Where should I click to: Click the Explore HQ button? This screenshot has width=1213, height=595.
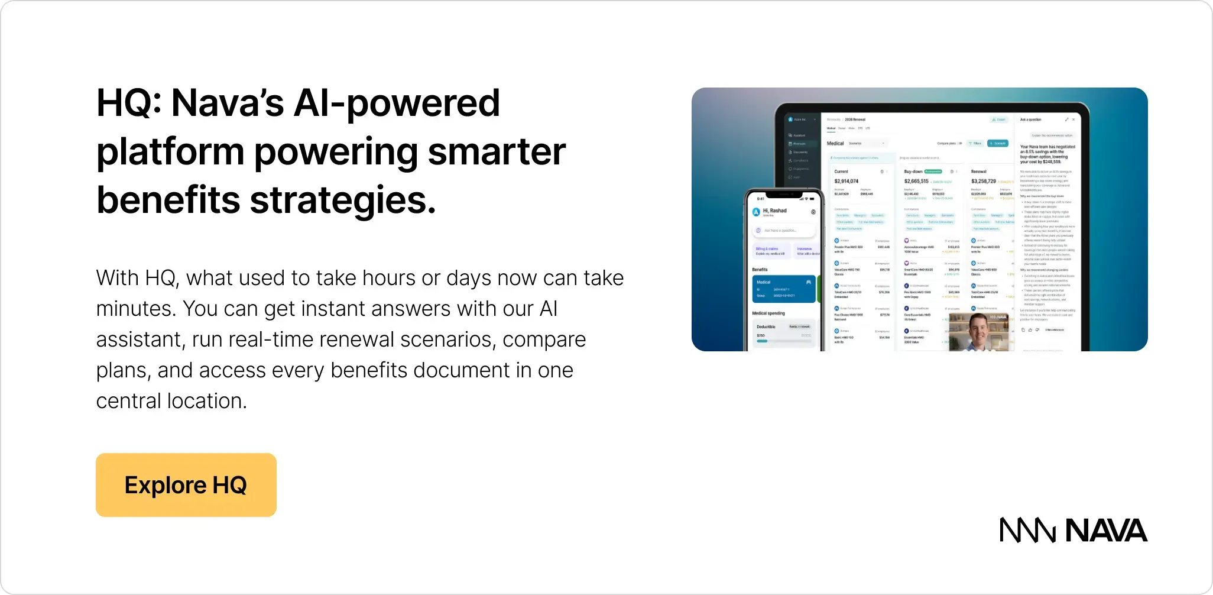point(186,485)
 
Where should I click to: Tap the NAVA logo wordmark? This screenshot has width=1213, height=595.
point(1106,530)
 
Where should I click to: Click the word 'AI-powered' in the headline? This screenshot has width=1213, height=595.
point(396,103)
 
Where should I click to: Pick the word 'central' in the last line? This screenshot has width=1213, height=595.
point(128,401)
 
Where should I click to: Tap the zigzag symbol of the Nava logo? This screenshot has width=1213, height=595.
point(1027,530)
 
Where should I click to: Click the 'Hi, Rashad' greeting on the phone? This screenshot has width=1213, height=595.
point(774,211)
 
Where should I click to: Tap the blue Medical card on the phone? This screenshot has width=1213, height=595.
point(783,289)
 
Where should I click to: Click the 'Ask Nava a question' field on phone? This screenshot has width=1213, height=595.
point(784,230)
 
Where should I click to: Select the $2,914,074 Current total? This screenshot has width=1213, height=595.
point(846,181)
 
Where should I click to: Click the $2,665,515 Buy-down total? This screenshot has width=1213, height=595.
point(916,181)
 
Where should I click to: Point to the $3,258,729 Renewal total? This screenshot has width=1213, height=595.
point(984,181)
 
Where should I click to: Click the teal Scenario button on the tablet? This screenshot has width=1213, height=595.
point(998,143)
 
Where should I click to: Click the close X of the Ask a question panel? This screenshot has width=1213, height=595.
point(1073,119)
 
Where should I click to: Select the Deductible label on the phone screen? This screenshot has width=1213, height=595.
point(766,326)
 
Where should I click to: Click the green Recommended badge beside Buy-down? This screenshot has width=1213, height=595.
point(933,172)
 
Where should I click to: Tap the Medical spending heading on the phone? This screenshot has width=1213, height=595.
point(768,313)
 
